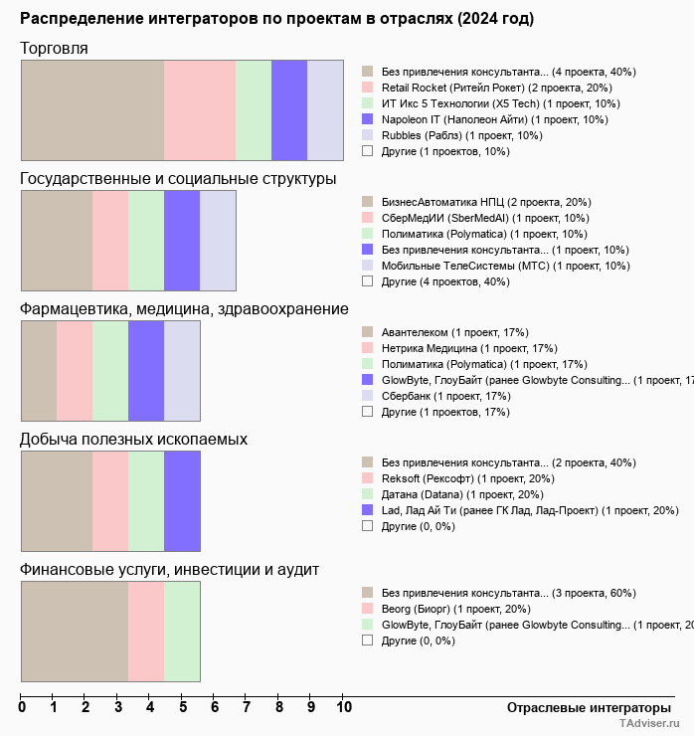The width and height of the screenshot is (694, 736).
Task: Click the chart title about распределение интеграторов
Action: [x=276, y=19]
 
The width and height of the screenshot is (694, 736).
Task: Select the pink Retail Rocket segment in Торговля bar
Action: [x=200, y=109]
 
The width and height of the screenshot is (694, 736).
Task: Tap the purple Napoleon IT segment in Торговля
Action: [x=289, y=109]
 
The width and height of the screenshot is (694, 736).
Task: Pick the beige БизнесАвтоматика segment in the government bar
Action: [x=57, y=240]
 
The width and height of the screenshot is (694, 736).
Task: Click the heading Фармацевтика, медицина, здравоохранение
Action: [x=184, y=309]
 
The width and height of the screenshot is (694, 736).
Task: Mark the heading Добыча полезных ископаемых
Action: [x=134, y=440]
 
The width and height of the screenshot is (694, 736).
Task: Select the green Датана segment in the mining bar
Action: [x=146, y=501]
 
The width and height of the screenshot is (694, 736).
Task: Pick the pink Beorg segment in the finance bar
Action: [x=146, y=632]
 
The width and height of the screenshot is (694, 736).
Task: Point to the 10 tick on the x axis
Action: [x=344, y=708]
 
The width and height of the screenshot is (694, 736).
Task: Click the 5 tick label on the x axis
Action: [x=183, y=708]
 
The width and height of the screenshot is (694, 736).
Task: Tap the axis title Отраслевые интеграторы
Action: [x=583, y=708]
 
